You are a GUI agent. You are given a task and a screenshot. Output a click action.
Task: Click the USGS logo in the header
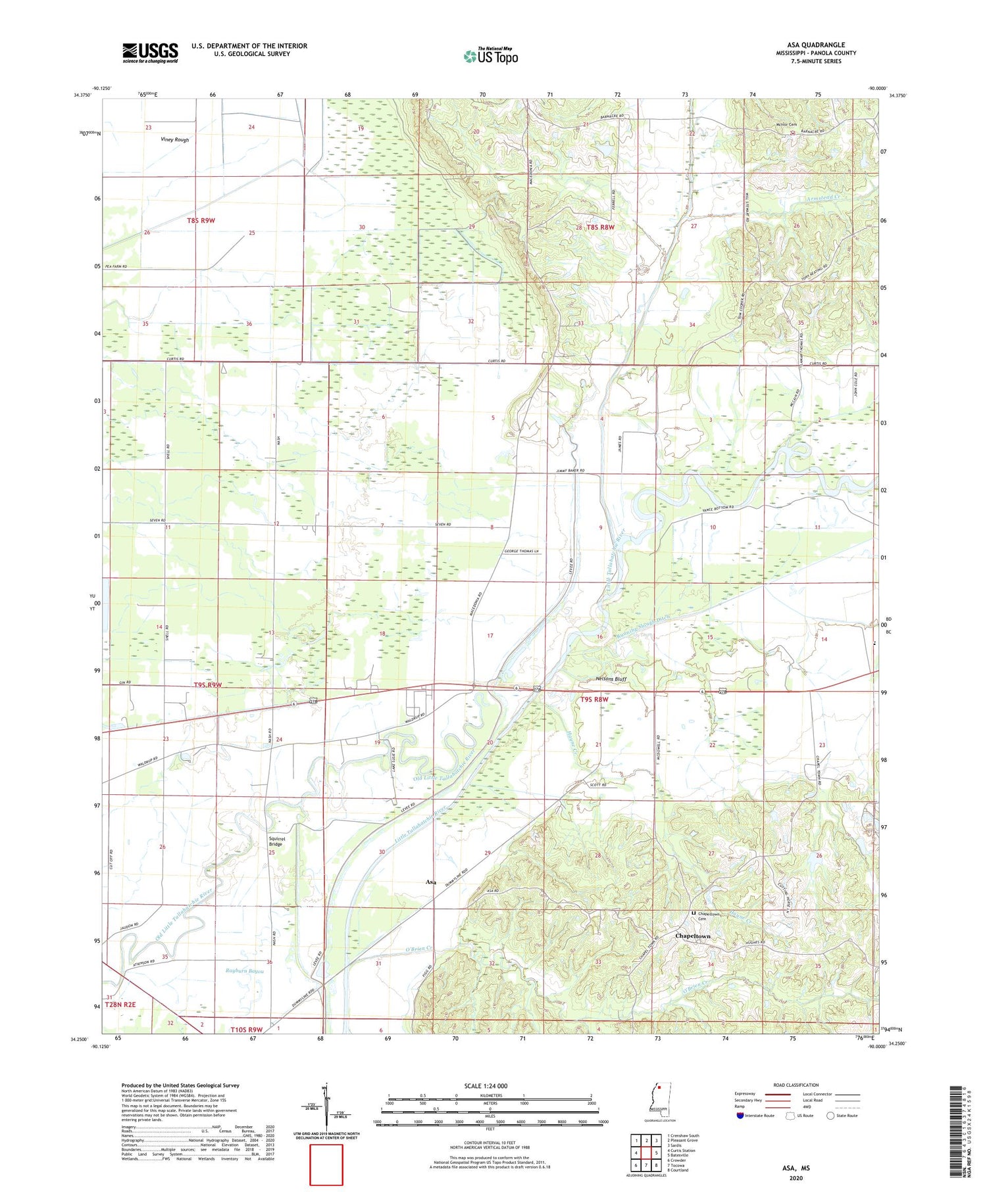[x=150, y=53]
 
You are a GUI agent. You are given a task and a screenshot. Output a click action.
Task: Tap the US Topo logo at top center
[x=490, y=57]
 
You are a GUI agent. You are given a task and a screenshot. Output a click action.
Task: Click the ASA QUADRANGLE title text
[x=815, y=45]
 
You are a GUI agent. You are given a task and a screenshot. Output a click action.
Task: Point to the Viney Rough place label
[x=174, y=139]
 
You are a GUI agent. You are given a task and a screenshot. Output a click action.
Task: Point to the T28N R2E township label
[x=120, y=1004]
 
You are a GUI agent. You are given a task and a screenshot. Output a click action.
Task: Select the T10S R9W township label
[x=247, y=1029]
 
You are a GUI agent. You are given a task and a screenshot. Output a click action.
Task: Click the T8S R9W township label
[x=201, y=221]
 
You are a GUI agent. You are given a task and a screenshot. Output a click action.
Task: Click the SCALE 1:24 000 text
[x=486, y=1085]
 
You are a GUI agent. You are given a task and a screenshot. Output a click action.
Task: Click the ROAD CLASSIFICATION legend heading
[x=796, y=1085]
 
